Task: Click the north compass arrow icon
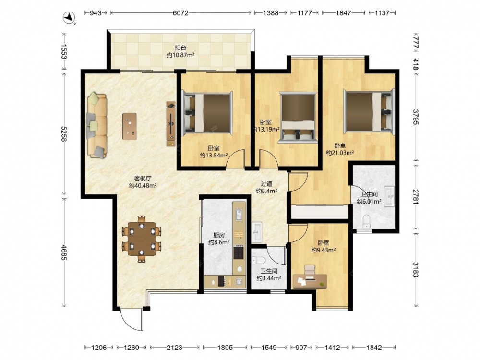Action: (69, 18)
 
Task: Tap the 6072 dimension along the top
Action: (180, 13)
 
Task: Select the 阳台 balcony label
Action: (180, 48)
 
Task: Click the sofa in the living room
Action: (97, 125)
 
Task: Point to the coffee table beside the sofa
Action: (130, 126)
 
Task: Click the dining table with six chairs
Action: (142, 239)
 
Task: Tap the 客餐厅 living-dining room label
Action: (143, 178)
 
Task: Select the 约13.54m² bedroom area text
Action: (214, 156)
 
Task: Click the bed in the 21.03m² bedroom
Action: (369, 112)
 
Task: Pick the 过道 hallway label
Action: (266, 184)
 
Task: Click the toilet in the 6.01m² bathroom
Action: (366, 221)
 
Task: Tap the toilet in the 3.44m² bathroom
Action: (258, 261)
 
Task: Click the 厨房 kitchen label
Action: (219, 235)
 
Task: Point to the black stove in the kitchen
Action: (238, 252)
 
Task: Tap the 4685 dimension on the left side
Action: (64, 252)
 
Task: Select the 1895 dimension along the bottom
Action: (225, 348)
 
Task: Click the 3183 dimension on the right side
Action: (415, 269)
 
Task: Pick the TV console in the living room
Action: (171, 124)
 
